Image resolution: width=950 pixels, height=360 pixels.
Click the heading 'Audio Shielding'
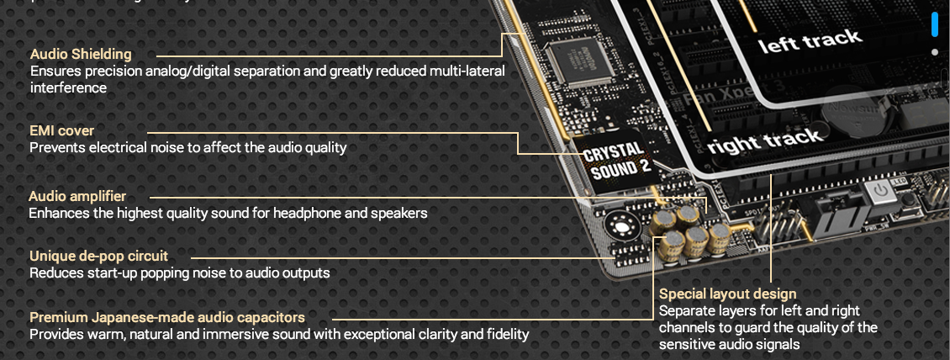(81, 55)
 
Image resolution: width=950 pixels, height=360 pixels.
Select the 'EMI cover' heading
(61, 130)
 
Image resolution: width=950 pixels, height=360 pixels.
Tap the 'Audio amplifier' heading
(77, 196)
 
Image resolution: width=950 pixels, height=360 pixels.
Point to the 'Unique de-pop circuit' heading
(98, 256)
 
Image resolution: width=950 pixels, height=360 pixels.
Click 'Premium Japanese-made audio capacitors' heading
(167, 317)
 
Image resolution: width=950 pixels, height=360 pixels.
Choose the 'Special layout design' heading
(727, 294)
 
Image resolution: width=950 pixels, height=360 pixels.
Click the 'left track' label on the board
(810, 40)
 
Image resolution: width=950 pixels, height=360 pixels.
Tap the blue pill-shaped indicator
(934, 24)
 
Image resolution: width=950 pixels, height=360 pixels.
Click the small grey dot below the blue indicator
(934, 52)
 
